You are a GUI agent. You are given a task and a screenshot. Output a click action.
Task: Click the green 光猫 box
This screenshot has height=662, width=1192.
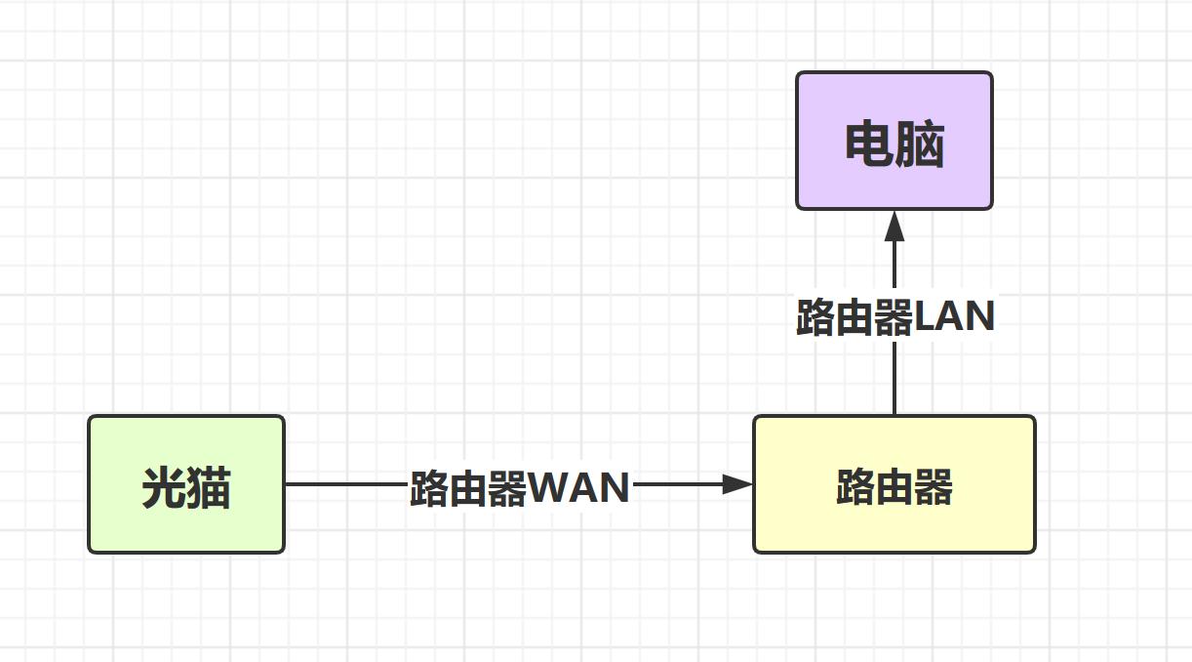click(x=186, y=484)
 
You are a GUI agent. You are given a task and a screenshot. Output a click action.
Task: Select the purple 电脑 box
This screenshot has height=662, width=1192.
click(x=894, y=141)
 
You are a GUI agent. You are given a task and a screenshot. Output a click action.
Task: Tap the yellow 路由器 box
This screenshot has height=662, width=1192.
click(x=894, y=484)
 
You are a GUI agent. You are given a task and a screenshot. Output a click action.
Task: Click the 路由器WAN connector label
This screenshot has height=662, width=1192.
click(x=519, y=487)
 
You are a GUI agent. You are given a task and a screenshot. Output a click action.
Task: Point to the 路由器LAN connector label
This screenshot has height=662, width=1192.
click(x=894, y=318)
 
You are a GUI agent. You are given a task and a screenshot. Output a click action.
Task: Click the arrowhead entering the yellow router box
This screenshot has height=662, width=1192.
click(x=738, y=484)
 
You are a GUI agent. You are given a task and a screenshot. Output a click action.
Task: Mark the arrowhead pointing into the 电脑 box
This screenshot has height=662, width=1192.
click(x=894, y=228)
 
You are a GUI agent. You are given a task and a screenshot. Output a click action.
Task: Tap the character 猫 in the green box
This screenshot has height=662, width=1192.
click(x=209, y=487)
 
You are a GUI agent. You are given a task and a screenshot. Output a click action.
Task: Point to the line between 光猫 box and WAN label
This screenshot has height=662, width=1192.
click(x=346, y=484)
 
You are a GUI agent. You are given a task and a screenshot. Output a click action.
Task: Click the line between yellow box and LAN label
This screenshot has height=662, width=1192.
click(x=894, y=377)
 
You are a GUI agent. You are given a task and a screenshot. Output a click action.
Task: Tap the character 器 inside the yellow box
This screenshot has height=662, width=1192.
click(x=934, y=487)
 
